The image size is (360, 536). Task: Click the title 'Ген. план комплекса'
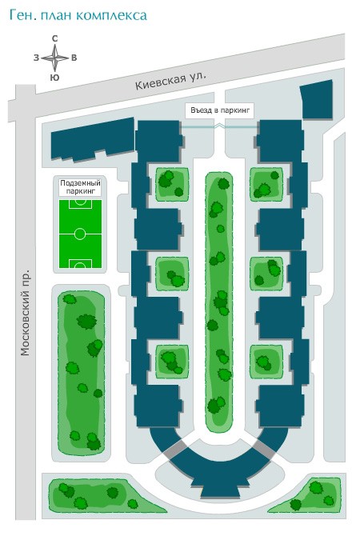[78, 16]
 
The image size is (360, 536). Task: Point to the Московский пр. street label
[26, 313]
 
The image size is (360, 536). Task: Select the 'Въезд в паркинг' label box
[220, 110]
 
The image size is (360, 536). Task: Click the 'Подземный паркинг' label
[80, 187]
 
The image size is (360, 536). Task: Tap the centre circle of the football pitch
[80, 234]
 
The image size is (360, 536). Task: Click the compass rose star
[54, 58]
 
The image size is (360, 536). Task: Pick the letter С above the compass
[54, 38]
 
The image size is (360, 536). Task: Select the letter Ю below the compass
[54, 78]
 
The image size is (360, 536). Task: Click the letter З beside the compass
[36, 58]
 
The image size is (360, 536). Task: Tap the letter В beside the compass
[74, 58]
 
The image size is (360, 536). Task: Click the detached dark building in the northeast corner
[317, 99]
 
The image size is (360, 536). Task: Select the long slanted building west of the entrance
[93, 138]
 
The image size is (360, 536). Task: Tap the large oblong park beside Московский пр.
[81, 373]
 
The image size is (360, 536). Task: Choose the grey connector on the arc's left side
[175, 450]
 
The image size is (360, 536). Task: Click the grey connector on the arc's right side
[263, 449]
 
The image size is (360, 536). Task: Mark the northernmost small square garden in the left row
[172, 184]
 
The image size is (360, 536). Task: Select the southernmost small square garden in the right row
[266, 362]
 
